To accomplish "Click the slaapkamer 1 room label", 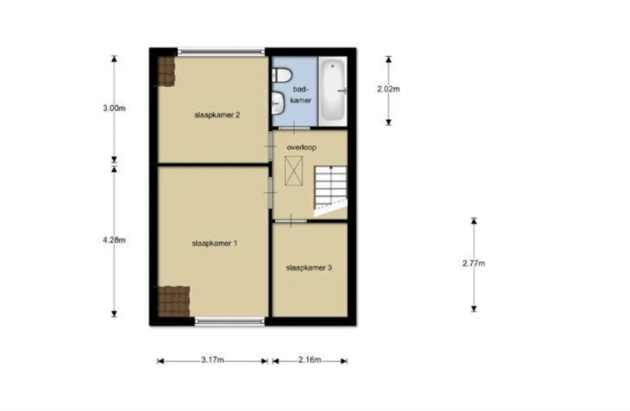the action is click(x=214, y=243).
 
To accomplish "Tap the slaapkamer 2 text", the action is click(x=217, y=114).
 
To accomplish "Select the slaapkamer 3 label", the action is click(x=309, y=267).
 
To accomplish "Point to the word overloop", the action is click(x=302, y=148).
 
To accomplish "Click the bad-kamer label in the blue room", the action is click(x=301, y=95).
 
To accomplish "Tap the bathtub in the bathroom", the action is click(x=333, y=92).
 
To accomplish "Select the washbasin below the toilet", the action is click(x=278, y=103).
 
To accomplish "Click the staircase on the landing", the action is click(x=330, y=190).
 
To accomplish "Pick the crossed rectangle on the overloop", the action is click(x=294, y=171).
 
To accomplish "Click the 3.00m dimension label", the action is click(x=114, y=108).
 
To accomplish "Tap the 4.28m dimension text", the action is click(x=114, y=240).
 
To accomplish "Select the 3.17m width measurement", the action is click(x=213, y=360).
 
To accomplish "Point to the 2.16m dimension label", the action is click(x=309, y=360).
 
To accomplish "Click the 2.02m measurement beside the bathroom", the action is click(x=388, y=89).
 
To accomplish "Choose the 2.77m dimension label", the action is click(x=474, y=263).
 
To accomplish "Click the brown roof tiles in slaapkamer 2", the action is click(x=166, y=71).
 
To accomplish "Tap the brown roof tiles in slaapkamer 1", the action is click(x=173, y=301).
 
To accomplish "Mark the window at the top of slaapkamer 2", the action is click(x=221, y=51).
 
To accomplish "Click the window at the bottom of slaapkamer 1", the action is click(x=230, y=321).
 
